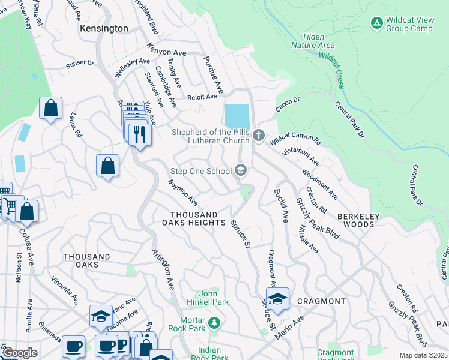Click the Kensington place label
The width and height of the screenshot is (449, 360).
pos(104,28)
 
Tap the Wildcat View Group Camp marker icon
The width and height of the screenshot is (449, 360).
pos(376,23)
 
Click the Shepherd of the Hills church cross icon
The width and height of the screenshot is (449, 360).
pos(259,134)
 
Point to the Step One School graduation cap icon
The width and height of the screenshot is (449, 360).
pos(241,171)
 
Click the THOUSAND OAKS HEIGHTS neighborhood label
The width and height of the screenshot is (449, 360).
pos(194,218)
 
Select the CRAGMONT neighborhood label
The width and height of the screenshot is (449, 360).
pos(321,301)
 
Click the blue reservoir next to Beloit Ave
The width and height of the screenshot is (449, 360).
pos(236,116)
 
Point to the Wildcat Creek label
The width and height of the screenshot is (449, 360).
pos(332,70)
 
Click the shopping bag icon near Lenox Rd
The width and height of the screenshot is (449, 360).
pos(51,109)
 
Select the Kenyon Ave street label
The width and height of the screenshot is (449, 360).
pos(170,53)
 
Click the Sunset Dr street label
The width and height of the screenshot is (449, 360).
pos(80,63)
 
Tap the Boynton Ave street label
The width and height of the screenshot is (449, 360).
pos(182,191)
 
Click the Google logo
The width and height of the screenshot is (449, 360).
pos(19,353)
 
